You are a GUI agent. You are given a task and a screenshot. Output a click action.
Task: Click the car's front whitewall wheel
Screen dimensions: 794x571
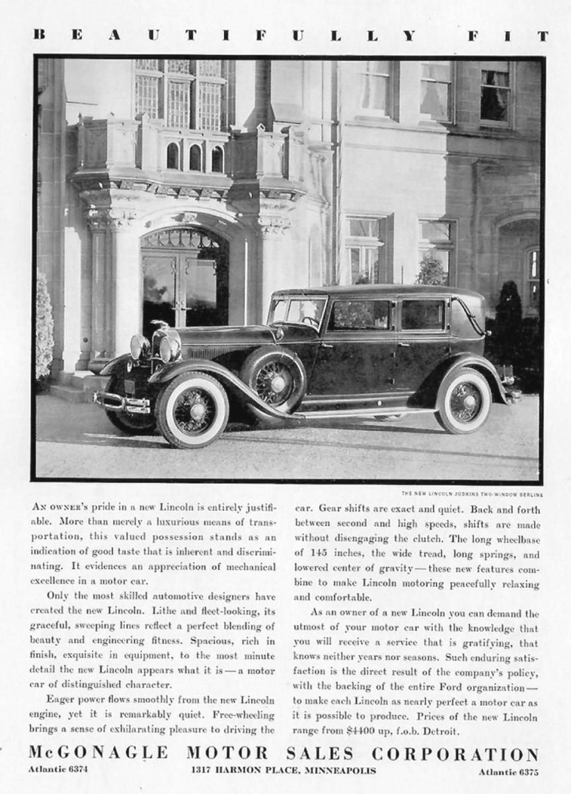(x=192, y=409)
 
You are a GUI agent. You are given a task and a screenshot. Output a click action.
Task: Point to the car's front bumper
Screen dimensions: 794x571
(x=122, y=401)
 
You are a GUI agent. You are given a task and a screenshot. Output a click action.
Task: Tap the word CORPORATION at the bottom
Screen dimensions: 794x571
(x=455, y=754)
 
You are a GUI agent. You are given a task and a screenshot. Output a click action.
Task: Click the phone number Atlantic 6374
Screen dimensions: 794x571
(x=59, y=770)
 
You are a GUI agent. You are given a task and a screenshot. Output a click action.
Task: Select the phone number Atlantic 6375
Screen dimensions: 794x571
(x=509, y=770)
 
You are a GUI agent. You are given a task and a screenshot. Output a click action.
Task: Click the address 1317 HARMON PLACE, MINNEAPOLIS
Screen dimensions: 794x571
(x=283, y=770)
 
